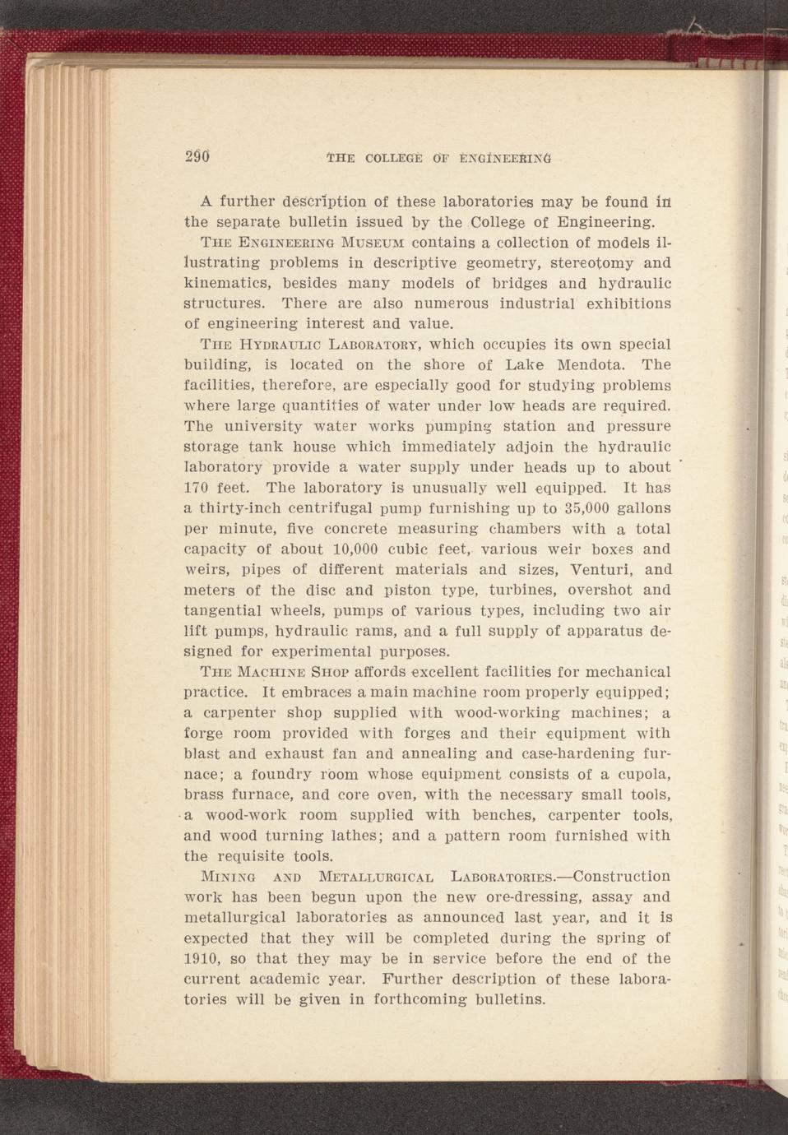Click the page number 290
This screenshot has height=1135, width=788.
coord(197,155)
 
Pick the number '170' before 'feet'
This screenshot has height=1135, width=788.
coord(198,488)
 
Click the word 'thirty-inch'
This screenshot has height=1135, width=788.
coord(239,508)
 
